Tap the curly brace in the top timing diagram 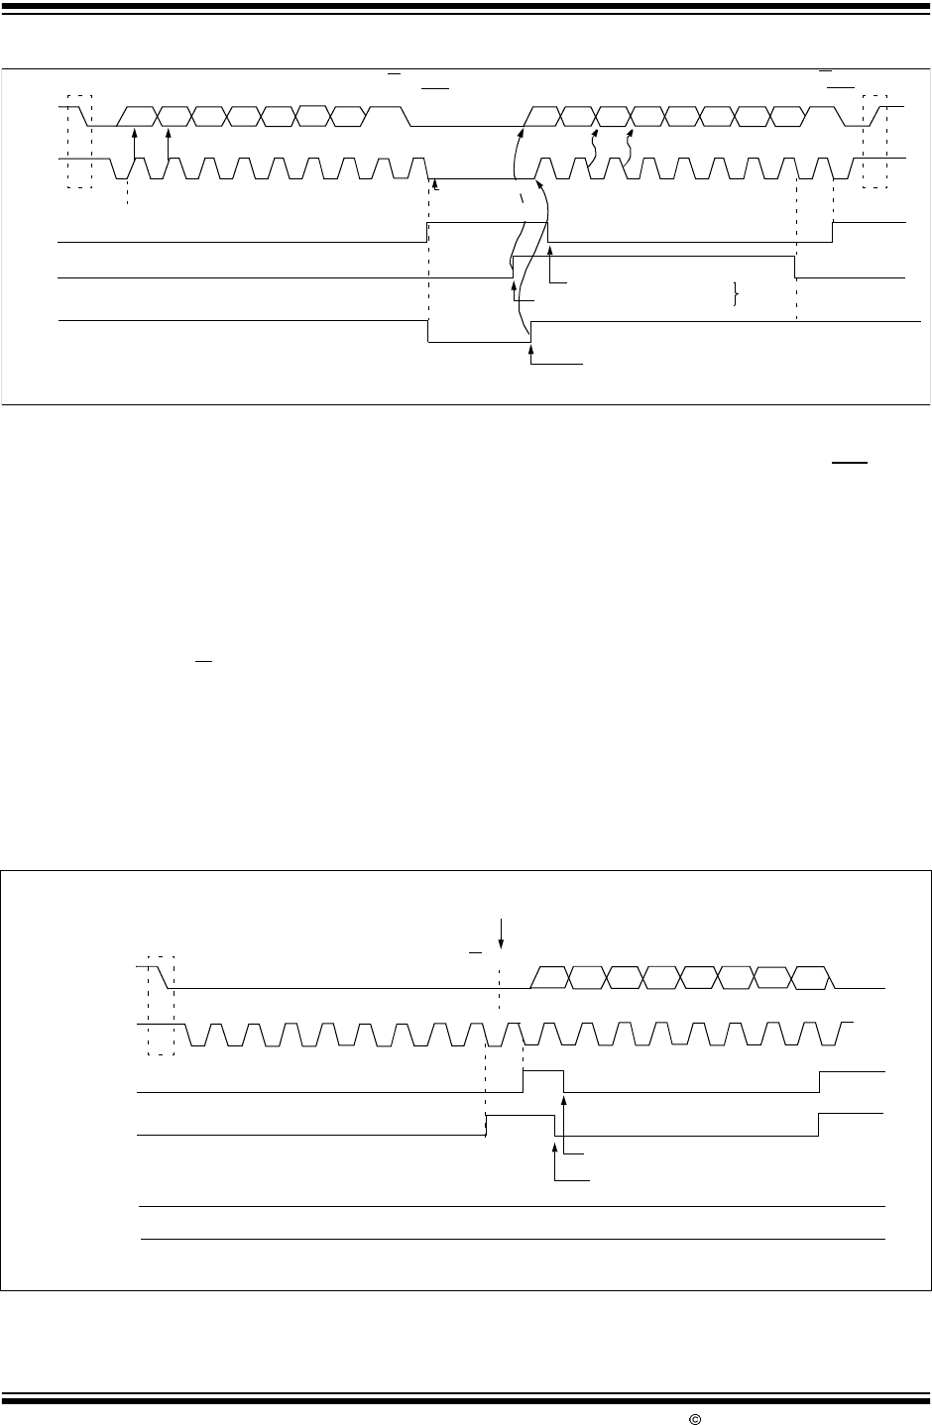(x=735, y=294)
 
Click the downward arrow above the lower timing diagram (x=502, y=932)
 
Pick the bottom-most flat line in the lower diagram (x=513, y=1239)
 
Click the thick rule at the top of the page (x=466, y=6)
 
